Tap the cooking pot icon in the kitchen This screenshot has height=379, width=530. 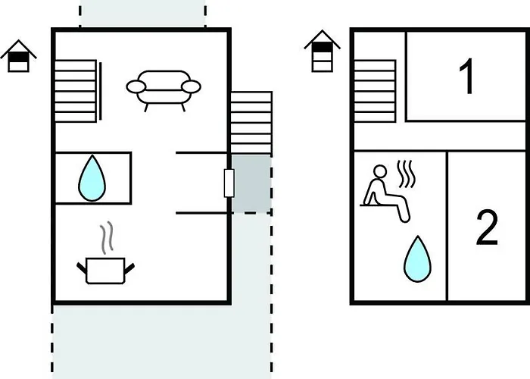pyautogui.click(x=106, y=269)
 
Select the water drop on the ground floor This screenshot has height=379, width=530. pyautogui.click(x=92, y=177)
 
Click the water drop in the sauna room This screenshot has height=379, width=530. pyautogui.click(x=416, y=257)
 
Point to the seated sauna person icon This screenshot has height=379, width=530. pyautogui.click(x=383, y=194)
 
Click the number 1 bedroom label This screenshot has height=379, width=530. pyautogui.click(x=467, y=76)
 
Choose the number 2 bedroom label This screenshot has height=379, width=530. pyautogui.click(x=487, y=227)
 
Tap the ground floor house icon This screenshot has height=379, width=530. pyautogui.click(x=19, y=56)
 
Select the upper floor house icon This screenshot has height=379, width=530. pyautogui.click(x=323, y=50)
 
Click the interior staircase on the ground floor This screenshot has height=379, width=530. pyautogui.click(x=75, y=89)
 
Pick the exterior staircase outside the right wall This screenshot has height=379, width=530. pyautogui.click(x=251, y=121)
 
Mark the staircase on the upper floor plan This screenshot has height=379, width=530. pyautogui.click(x=376, y=89)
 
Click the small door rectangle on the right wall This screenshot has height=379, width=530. pyautogui.click(x=229, y=183)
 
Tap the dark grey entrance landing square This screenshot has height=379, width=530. pyautogui.click(x=251, y=183)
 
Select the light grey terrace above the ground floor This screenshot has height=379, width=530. pyautogui.click(x=142, y=14)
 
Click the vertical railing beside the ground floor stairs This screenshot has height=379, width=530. pyautogui.click(x=101, y=89)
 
